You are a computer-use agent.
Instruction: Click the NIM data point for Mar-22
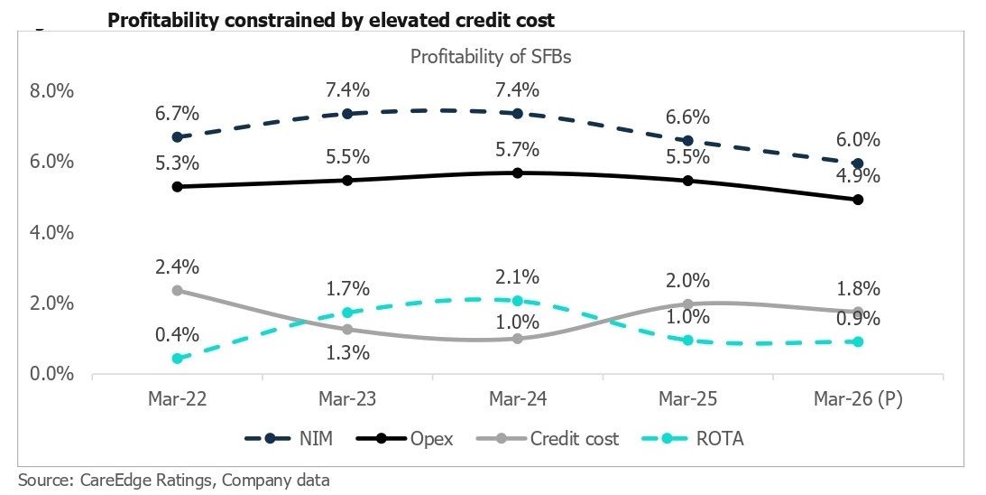tap(178, 137)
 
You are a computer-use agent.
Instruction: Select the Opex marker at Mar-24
tap(518, 173)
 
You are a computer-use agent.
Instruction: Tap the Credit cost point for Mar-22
tap(178, 290)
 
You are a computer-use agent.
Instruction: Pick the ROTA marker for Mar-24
tap(518, 301)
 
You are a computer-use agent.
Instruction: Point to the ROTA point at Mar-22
tap(178, 359)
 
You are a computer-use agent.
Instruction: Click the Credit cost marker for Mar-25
tap(688, 304)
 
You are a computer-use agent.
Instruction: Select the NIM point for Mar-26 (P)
tap(858, 163)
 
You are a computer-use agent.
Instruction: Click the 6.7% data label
tap(178, 114)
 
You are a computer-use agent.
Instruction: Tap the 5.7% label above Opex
tap(518, 150)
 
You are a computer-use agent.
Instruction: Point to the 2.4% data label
tap(178, 267)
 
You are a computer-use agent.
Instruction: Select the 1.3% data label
tap(347, 352)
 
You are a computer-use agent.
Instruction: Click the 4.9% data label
tap(858, 176)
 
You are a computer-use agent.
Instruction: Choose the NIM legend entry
tap(289, 438)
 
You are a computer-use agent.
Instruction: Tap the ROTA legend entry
tap(695, 438)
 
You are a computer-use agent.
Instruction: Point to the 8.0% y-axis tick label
tap(51, 91)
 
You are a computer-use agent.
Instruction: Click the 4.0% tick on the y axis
tap(51, 233)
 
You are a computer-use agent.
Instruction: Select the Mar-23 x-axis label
tap(347, 398)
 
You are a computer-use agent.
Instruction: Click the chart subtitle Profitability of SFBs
tap(491, 57)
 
